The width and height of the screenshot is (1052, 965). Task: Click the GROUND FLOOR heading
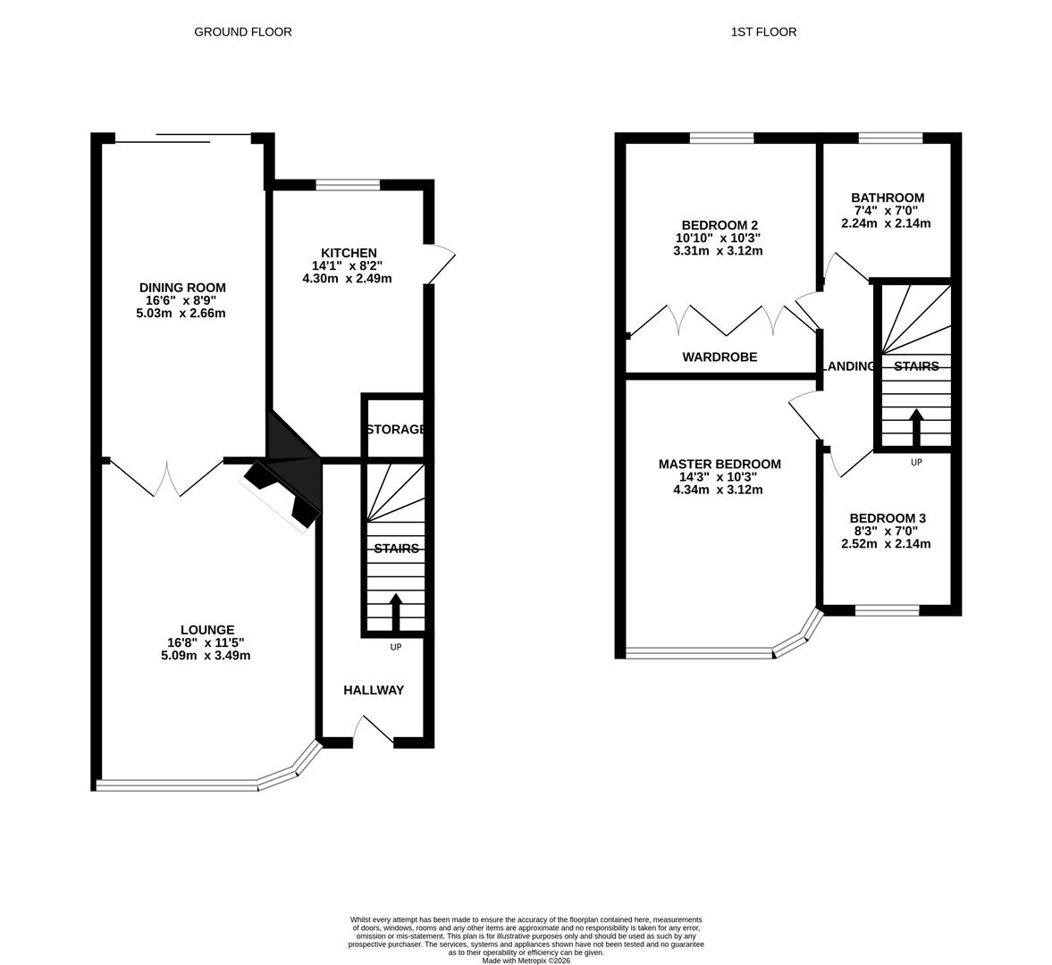tap(243, 32)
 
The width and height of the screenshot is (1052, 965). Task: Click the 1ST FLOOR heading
tap(763, 32)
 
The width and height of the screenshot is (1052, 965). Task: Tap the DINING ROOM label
tap(181, 288)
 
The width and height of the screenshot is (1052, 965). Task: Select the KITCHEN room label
tap(349, 253)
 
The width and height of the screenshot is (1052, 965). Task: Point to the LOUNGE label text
tap(207, 630)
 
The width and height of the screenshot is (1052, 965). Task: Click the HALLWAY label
tap(374, 690)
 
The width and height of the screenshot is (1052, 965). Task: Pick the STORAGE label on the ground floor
tap(396, 430)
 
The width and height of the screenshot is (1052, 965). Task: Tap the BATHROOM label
tap(887, 197)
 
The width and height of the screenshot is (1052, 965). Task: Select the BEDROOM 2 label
tap(719, 225)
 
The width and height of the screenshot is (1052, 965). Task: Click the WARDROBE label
tap(720, 357)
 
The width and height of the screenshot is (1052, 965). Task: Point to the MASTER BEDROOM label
tap(719, 465)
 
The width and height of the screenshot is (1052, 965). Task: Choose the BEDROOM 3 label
tap(887, 518)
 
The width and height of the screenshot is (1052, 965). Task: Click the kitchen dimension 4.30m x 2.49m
tap(347, 279)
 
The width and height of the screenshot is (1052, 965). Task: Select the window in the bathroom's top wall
tap(890, 138)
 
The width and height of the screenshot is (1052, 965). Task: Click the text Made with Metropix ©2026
tap(526, 961)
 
